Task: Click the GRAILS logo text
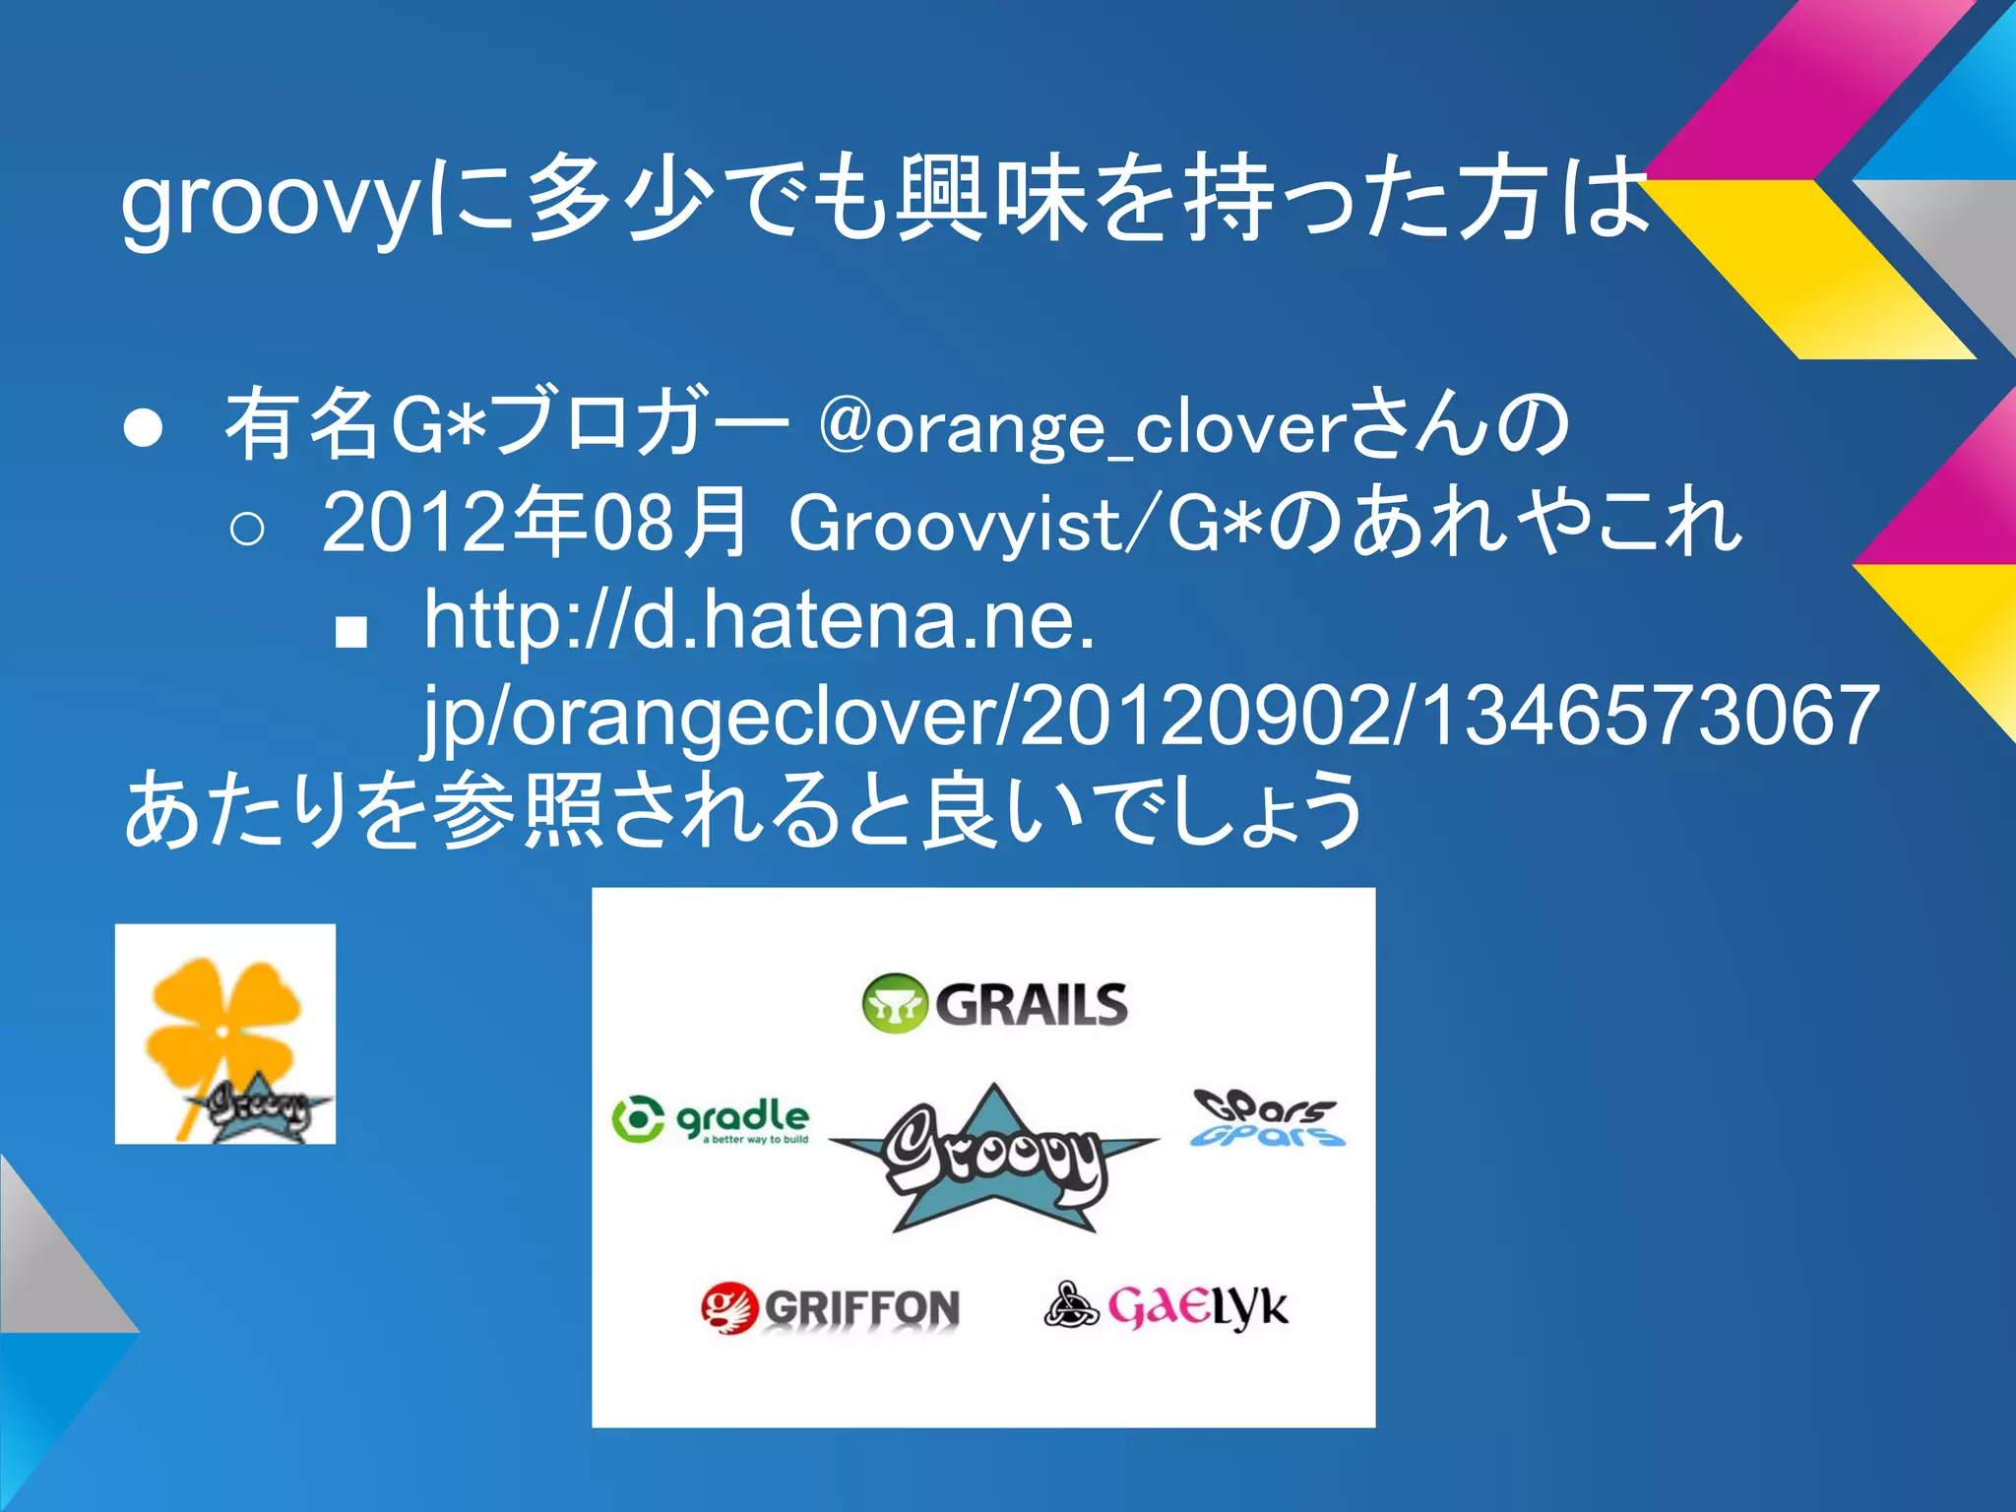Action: tap(1031, 1004)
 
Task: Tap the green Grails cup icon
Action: tap(894, 1004)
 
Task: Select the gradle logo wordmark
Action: tap(744, 1117)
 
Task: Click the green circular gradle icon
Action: tap(637, 1119)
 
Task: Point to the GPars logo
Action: tap(1266, 1119)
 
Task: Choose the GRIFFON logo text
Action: tap(861, 1309)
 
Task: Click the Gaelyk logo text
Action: tap(1197, 1307)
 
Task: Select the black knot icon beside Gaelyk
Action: tap(1070, 1305)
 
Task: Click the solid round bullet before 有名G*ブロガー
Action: tap(144, 429)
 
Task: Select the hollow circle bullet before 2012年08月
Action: tap(246, 529)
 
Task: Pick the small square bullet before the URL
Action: tap(350, 632)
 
